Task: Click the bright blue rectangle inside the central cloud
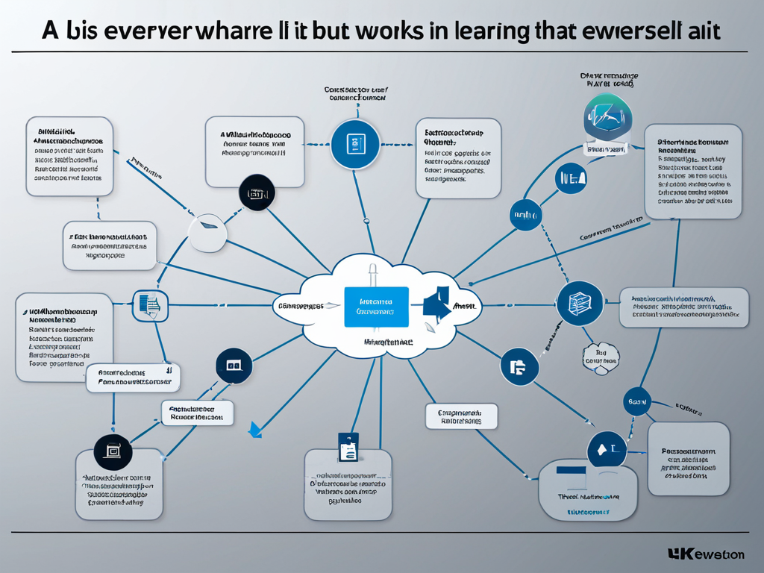click(376, 306)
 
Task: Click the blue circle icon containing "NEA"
click(572, 179)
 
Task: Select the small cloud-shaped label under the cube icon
click(601, 357)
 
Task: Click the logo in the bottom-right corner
click(706, 554)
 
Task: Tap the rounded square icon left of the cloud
click(151, 304)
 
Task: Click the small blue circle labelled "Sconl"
click(636, 401)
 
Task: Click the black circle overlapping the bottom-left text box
click(113, 453)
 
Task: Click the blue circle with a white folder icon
click(519, 366)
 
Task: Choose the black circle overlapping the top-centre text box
click(256, 192)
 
